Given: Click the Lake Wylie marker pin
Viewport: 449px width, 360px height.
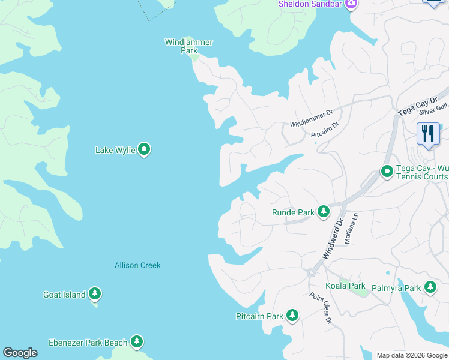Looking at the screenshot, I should tap(144, 149).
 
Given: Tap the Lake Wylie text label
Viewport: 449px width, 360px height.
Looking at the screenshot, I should tap(115, 150).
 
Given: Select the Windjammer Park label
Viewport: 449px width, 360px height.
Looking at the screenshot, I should tap(189, 46).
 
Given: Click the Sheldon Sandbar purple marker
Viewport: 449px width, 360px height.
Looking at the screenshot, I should tap(351, 5).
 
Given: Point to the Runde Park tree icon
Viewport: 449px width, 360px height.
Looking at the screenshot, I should tap(324, 212).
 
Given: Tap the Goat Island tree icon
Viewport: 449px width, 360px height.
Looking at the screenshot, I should tap(94, 294).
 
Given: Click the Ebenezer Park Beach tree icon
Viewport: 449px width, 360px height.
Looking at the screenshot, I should tap(137, 342).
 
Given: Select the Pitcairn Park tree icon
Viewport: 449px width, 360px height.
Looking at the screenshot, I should tap(292, 315).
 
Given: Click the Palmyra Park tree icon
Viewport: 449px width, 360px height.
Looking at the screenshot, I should tap(430, 287).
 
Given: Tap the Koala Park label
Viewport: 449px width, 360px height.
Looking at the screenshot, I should tap(345, 286).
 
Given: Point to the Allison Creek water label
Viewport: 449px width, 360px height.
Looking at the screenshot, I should tap(137, 265).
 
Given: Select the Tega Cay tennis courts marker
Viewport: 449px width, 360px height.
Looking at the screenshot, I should tap(387, 172).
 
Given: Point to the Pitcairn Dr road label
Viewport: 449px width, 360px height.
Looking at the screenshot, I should tap(325, 132).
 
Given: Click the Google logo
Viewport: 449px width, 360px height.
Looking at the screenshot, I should tap(20, 353).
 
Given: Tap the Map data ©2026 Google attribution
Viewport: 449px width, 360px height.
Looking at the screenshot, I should tap(411, 355).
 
